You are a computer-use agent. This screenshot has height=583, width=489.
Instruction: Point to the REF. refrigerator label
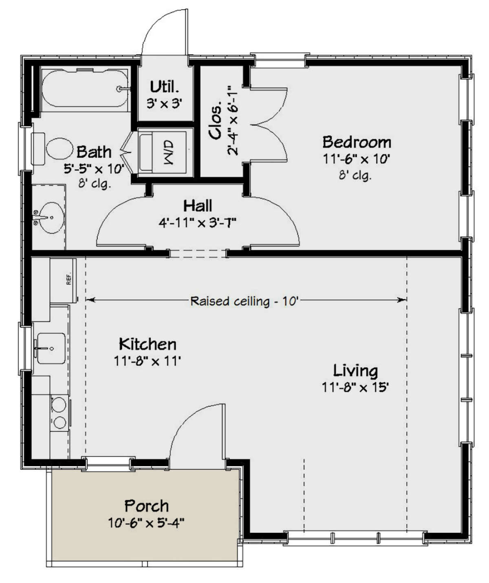pos(68,278)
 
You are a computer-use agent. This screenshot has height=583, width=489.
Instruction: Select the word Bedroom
pos(357,142)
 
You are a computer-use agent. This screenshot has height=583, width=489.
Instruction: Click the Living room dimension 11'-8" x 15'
pos(355,387)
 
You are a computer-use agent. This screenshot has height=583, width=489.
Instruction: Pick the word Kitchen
pos(148,344)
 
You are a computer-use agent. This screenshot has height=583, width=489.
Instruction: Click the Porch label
pos(146,506)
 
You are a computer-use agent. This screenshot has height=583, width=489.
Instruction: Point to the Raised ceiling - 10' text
pos(245,301)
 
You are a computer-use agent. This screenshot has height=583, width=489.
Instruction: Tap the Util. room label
pos(164,87)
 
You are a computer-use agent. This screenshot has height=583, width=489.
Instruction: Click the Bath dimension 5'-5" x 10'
pos(94,168)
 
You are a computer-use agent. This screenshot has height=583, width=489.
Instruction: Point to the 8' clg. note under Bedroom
pos(355,176)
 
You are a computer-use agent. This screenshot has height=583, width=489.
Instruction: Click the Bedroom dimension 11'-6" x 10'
pos(357,159)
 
